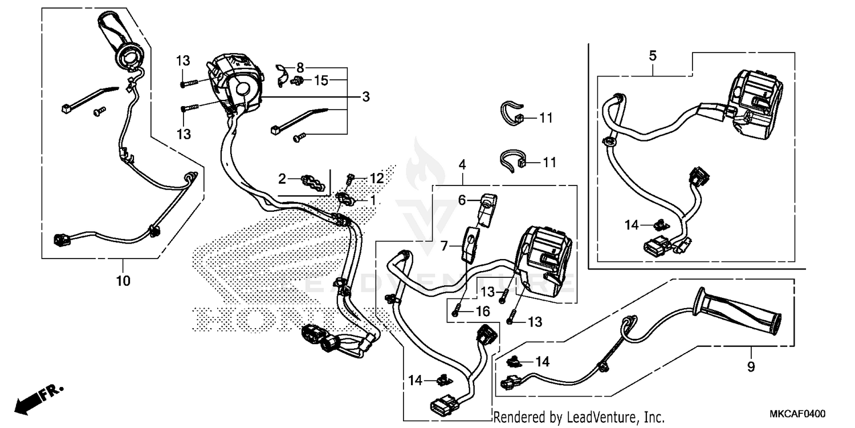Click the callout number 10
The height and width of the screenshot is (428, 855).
coord(124,281)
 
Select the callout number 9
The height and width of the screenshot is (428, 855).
coord(751,366)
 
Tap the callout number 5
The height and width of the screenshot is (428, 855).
coord(653,56)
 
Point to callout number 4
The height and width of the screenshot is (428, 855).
coord(462,165)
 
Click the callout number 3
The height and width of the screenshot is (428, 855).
coord(365,97)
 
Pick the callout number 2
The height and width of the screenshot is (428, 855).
coord(282,179)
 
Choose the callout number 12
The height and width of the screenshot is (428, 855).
coord(377,179)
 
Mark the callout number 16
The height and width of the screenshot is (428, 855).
coord(482,311)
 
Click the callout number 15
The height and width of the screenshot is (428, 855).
coord(321,81)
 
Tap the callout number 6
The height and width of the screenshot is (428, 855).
coord(463,199)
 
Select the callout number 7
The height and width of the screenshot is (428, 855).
coord(445,246)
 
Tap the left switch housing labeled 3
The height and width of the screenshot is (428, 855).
coord(237,83)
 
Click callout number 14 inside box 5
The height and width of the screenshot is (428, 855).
coord(631,225)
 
